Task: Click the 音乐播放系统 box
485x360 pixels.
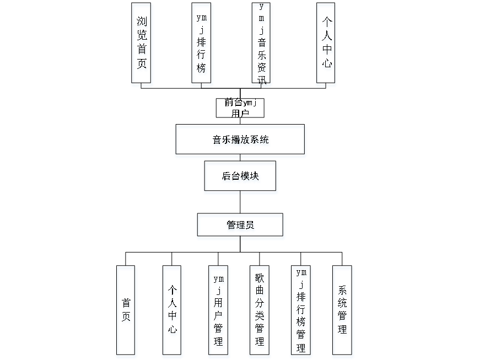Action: pyautogui.click(x=241, y=141)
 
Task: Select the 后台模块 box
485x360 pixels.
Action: pyautogui.click(x=241, y=178)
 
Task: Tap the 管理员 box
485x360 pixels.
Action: pyautogui.click(x=241, y=226)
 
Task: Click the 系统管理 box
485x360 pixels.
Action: pyautogui.click(x=343, y=311)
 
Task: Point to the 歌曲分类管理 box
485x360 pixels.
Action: pyautogui.click(x=260, y=311)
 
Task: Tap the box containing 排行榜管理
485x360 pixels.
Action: pyautogui.click(x=301, y=311)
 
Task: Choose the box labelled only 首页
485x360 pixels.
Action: pyautogui.click(x=127, y=311)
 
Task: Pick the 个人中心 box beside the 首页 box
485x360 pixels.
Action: pyautogui.click(x=173, y=311)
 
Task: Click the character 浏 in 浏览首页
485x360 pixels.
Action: pyautogui.click(x=142, y=23)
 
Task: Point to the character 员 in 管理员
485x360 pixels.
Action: pyautogui.click(x=250, y=226)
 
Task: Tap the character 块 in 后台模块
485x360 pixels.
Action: pyautogui.click(x=255, y=178)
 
